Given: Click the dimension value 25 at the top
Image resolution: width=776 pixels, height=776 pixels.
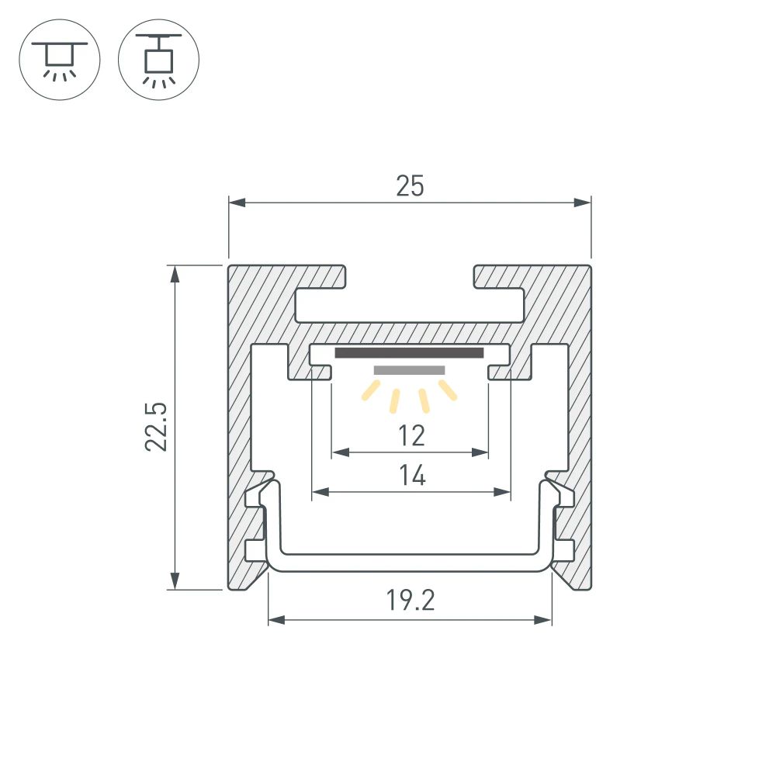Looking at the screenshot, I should point(410,186).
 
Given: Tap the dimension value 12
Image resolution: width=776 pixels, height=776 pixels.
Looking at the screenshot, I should point(411,436).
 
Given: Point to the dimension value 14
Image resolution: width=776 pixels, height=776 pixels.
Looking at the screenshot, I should point(412,475).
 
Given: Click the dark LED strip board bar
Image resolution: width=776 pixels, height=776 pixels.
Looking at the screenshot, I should point(409,353).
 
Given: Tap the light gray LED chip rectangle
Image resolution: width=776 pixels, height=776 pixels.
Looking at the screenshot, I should point(409,370).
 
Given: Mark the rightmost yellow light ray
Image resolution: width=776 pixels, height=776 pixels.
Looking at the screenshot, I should point(448,390).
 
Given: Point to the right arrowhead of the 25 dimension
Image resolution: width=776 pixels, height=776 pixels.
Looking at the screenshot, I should point(583,203).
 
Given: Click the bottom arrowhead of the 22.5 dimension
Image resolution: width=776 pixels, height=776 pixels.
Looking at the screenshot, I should point(175,581).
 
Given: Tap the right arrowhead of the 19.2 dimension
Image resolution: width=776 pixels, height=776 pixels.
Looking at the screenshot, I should point(544,620).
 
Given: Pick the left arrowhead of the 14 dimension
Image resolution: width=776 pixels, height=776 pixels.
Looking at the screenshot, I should point(319,491).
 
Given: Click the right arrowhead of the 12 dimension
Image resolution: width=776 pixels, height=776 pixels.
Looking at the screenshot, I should point(480,452).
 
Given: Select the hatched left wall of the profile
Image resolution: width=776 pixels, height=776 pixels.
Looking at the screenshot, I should point(240,427).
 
